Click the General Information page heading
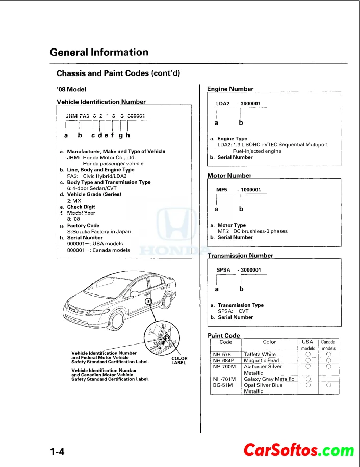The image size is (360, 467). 99,52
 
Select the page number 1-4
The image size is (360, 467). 57,451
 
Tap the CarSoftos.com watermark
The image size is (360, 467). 298,450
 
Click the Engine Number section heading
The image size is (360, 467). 230,89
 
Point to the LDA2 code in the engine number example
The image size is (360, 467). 223,104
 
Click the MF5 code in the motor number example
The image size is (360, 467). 221,190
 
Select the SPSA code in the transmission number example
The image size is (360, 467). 223,269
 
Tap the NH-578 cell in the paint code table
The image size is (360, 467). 222,354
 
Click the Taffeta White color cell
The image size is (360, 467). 260,354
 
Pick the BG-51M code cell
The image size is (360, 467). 223,385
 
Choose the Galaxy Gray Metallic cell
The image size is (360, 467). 269,379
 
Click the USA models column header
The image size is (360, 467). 307,345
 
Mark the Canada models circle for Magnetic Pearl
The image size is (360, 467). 329,360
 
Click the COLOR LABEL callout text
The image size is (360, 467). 179,360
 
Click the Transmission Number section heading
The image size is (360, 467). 240,255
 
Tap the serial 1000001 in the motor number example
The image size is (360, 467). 250,190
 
